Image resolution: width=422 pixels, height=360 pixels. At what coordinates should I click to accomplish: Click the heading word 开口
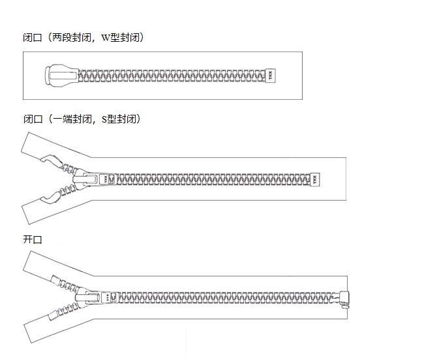(33, 239)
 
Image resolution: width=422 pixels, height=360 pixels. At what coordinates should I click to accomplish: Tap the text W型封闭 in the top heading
(121, 37)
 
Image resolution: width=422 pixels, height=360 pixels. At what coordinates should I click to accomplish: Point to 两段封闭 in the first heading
(71, 37)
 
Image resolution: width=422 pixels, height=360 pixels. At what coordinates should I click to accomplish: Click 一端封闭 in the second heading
(71, 119)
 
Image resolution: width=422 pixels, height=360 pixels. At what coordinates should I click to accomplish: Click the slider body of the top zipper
(61, 76)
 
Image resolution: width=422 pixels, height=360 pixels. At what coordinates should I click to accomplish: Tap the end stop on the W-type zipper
(270, 76)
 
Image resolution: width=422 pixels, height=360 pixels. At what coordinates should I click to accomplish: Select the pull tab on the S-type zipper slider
(84, 179)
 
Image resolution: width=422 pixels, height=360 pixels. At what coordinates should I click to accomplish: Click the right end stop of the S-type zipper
(315, 179)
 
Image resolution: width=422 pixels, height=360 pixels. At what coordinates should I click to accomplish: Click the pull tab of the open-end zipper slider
(87, 298)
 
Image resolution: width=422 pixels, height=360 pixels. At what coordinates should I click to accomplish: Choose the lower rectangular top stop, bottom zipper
(54, 315)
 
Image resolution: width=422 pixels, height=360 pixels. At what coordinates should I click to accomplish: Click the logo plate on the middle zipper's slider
(106, 179)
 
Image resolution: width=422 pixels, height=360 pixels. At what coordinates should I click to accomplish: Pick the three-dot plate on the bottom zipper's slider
(108, 297)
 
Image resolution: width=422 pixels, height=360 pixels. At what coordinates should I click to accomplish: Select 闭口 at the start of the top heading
(33, 37)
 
